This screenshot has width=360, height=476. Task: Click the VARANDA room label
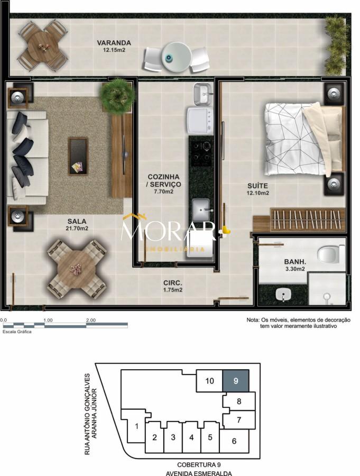click(x=114, y=43)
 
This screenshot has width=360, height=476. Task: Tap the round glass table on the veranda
click(x=176, y=57)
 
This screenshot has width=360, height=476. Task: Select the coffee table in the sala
click(x=78, y=156)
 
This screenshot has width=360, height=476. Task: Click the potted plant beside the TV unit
click(x=117, y=94)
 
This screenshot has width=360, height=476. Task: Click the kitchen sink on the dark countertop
click(x=201, y=209)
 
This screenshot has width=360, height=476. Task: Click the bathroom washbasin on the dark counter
click(x=283, y=294)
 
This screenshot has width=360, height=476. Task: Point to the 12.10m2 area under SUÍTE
click(x=257, y=193)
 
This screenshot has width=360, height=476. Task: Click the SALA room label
click(x=77, y=221)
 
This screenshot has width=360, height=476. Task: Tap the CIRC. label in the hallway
click(x=173, y=282)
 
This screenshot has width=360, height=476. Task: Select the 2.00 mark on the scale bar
click(x=90, y=320)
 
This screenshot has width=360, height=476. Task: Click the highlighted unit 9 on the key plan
click(x=236, y=381)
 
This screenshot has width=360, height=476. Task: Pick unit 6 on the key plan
click(x=234, y=441)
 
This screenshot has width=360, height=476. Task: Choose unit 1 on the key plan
click(x=136, y=426)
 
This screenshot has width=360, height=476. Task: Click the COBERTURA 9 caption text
click(x=199, y=464)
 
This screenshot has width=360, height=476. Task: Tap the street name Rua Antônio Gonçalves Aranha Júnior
click(x=90, y=414)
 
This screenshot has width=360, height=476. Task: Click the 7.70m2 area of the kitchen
click(x=163, y=191)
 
